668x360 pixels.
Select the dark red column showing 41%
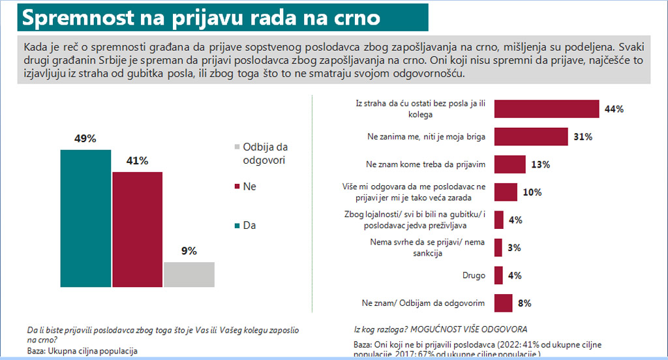(x=138, y=229)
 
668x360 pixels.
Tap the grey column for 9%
(x=189, y=274)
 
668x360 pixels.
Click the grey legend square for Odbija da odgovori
(x=237, y=147)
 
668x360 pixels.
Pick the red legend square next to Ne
(x=237, y=187)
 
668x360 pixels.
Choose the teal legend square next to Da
(x=237, y=226)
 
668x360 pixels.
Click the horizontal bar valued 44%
(x=547, y=109)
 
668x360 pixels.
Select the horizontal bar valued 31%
(x=531, y=137)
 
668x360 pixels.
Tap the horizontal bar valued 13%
(x=509, y=164)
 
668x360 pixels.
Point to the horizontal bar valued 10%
(x=506, y=192)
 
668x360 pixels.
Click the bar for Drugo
(x=498, y=275)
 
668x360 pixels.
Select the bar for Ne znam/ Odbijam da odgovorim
(x=503, y=303)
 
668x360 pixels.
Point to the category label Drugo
(x=473, y=276)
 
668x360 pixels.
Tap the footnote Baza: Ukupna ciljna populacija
(x=82, y=351)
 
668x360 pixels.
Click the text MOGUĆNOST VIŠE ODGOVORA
(x=470, y=329)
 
